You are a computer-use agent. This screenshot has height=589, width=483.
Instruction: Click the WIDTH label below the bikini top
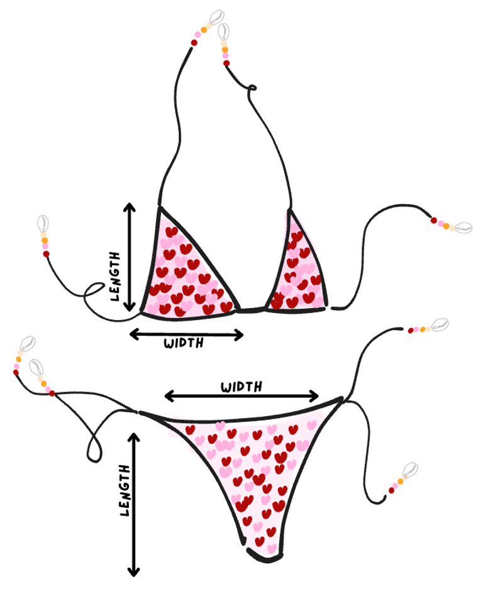(184, 343)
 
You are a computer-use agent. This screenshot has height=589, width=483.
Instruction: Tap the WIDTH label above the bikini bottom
(241, 386)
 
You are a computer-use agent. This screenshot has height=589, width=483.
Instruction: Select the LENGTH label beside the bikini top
(114, 277)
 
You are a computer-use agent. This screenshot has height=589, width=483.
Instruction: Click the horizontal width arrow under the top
(186, 334)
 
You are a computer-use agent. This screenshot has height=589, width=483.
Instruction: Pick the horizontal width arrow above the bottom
(242, 395)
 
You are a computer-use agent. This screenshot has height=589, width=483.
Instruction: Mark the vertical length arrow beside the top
(130, 258)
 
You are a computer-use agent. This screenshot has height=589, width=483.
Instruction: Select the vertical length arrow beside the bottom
(133, 503)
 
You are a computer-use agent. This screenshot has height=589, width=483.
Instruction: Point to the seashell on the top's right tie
(463, 228)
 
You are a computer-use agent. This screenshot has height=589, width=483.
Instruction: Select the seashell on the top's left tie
(43, 223)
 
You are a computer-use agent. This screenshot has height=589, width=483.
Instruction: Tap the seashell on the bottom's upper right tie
(440, 324)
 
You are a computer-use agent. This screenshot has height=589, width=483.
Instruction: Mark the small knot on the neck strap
(252, 89)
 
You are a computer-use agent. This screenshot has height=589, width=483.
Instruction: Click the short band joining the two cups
(252, 309)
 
